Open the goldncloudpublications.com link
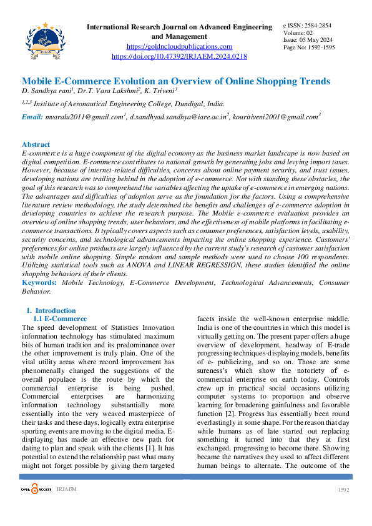(179, 46)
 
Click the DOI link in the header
(179, 56)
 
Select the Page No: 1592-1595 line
(309, 47)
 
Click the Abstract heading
(36, 144)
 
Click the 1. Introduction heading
(51, 310)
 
